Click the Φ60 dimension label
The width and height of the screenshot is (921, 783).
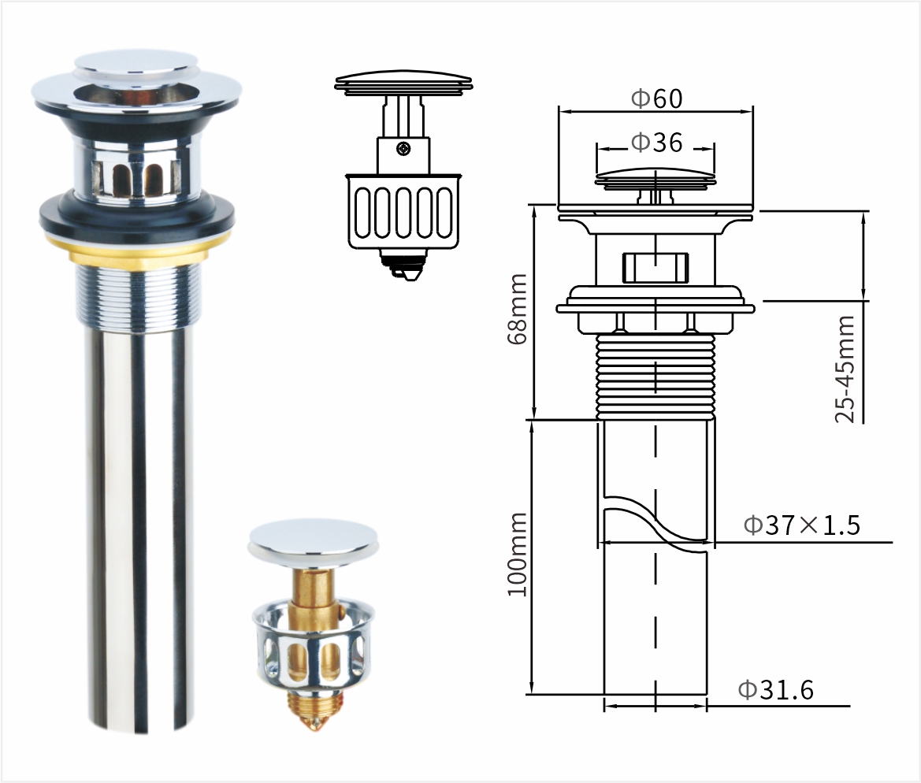pos(657,98)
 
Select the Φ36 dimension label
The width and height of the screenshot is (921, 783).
pos(657,142)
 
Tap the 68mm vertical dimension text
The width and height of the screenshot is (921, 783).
pos(518,309)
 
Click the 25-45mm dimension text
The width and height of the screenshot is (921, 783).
pos(845,369)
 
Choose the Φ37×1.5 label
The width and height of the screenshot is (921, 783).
pos(802,525)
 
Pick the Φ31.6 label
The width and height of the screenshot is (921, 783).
pos(776,689)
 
